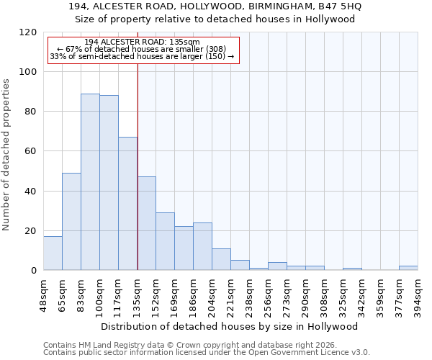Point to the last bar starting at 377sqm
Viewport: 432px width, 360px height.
408,268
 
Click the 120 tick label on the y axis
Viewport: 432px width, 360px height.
27,32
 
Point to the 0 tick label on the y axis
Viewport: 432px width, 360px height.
33,271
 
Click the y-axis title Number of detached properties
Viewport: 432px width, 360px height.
7,155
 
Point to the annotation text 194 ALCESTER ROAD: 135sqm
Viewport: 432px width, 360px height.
142,42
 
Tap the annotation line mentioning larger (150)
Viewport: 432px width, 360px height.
142,56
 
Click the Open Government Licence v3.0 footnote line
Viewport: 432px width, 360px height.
207,352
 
